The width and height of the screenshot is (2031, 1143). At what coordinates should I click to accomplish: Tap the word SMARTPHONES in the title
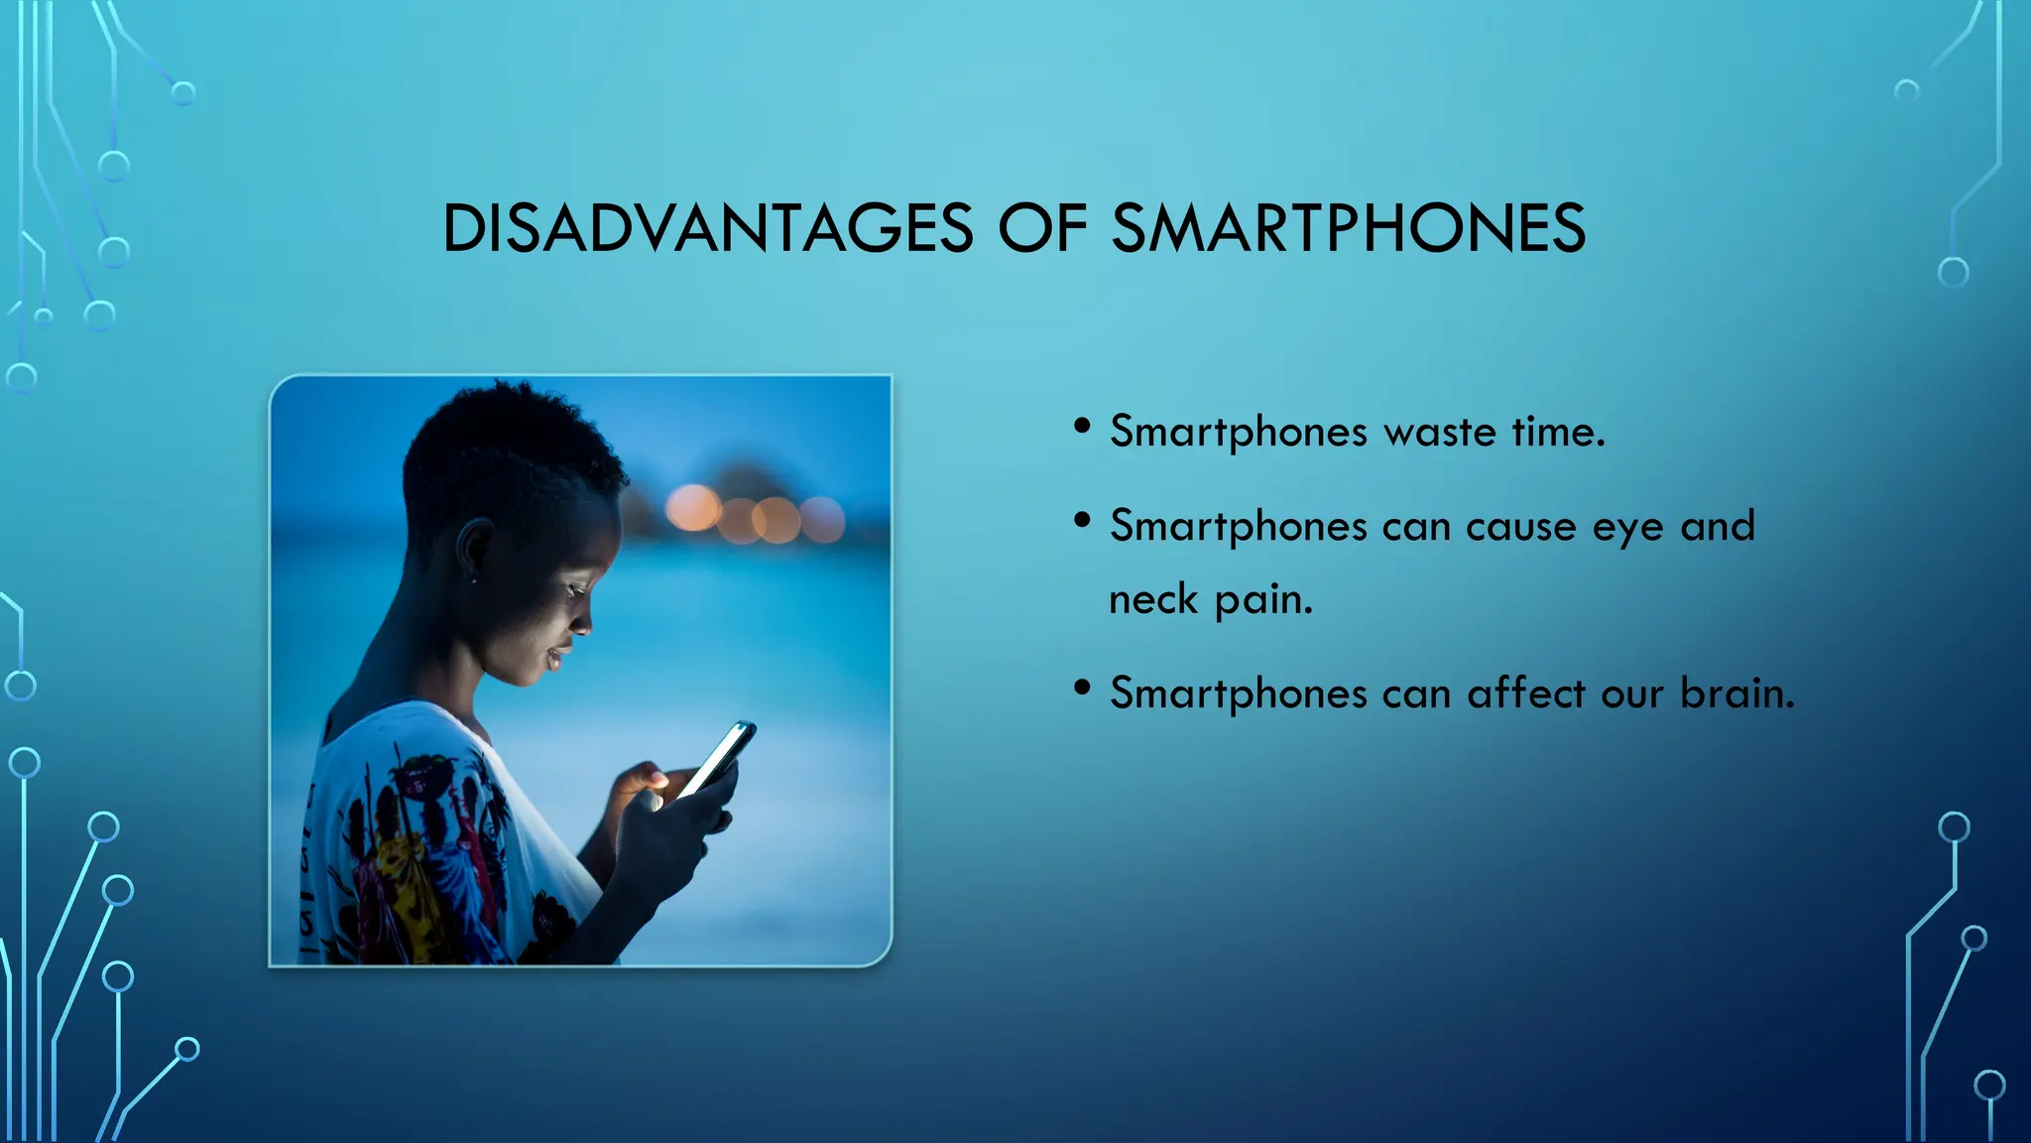click(x=1348, y=228)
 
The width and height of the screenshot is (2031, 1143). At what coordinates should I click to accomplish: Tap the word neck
click(x=1152, y=599)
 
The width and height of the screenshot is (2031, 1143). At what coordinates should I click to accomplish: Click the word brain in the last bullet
click(x=1736, y=693)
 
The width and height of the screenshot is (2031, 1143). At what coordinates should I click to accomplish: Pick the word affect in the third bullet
click(x=1526, y=693)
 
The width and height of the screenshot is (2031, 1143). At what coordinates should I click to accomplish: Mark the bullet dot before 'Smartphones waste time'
click(x=1083, y=427)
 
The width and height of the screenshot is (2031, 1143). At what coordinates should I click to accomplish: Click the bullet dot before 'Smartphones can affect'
click(x=1083, y=687)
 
